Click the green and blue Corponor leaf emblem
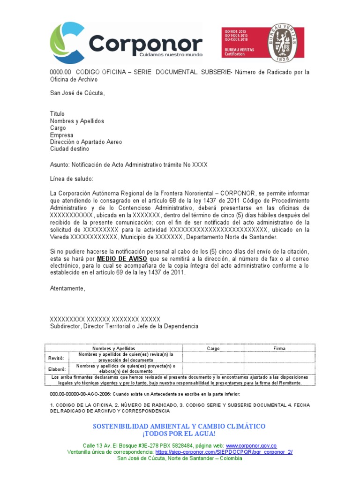(x=67, y=42)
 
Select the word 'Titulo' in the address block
(x=58, y=114)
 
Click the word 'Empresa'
(x=62, y=135)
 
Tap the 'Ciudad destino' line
(x=69, y=149)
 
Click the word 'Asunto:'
(x=60, y=165)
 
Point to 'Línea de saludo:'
(x=72, y=179)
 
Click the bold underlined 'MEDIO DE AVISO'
(x=122, y=259)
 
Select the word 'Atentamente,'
(x=68, y=288)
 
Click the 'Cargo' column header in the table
(x=213, y=348)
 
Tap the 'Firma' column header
(x=279, y=348)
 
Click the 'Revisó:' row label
(x=56, y=357)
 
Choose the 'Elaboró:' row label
(x=56, y=368)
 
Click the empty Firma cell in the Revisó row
(x=279, y=357)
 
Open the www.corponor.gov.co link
(x=251, y=446)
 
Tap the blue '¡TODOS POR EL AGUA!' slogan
(x=180, y=434)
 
